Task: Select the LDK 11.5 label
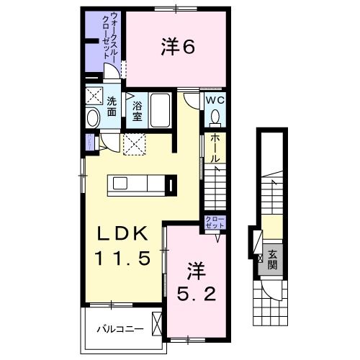pos(125,246)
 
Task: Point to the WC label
pos(215,102)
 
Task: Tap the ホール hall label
pos(215,149)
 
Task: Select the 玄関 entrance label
pos(273,257)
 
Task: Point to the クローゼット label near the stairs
pos(214,222)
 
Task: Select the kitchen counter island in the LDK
pos(141,185)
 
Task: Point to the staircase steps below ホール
pos(215,187)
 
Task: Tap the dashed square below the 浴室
pos(135,144)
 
